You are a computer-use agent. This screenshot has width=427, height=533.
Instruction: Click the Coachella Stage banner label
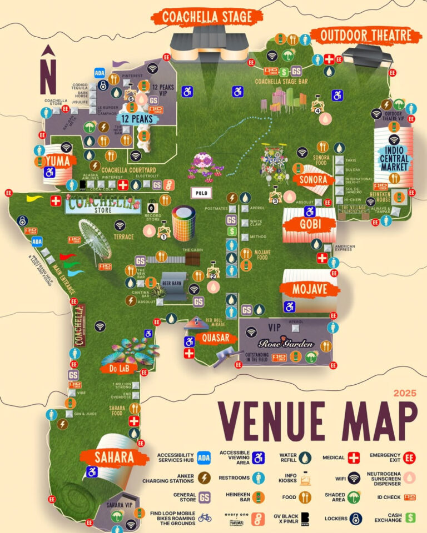tap(207, 16)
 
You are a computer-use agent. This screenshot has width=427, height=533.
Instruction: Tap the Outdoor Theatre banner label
tap(367, 36)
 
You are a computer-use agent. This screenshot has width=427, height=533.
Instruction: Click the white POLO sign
tap(201, 193)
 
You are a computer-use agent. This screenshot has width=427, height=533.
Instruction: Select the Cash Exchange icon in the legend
tap(411, 519)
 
